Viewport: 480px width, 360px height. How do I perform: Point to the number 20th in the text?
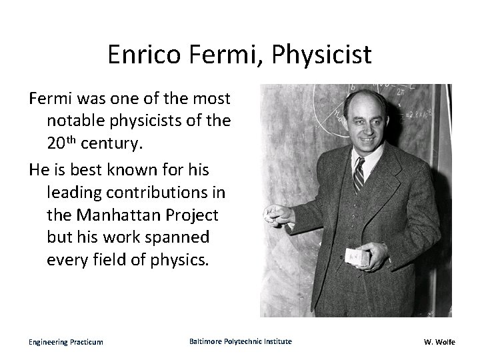(x=61, y=142)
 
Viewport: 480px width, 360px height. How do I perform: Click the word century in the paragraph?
(x=110, y=143)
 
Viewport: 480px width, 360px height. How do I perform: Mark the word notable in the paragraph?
(x=74, y=121)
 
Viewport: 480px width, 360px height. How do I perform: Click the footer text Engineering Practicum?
(x=65, y=342)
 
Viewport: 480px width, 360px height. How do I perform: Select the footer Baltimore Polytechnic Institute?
(x=240, y=341)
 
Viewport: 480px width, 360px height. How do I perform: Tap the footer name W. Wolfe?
(x=439, y=342)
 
